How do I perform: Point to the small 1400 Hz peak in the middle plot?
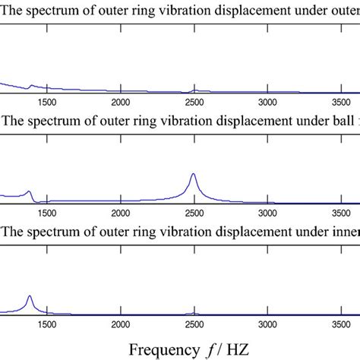point(29,191)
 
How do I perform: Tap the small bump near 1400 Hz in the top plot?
point(30,85)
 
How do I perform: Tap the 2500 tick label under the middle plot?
point(194,213)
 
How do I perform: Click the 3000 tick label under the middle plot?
point(267,213)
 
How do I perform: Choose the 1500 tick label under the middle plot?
point(46,213)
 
